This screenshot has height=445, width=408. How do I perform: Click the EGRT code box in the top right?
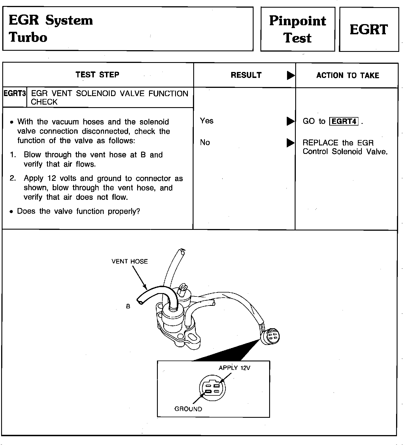[x=369, y=29]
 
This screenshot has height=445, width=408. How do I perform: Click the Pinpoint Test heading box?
[x=297, y=29]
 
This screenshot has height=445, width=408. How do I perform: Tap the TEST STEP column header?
[x=97, y=75]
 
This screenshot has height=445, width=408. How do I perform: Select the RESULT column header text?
[x=246, y=75]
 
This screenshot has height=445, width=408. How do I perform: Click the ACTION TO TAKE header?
[x=347, y=75]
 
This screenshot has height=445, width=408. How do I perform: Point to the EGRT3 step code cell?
[x=14, y=94]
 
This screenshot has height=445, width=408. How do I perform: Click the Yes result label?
[x=207, y=121]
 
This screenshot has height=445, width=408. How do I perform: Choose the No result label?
[x=205, y=142]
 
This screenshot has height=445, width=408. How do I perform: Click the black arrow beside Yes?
[x=290, y=121]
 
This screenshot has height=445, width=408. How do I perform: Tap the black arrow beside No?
[x=290, y=143]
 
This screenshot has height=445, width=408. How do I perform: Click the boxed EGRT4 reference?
[x=344, y=121]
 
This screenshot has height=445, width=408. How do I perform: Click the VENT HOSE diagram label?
[x=129, y=261]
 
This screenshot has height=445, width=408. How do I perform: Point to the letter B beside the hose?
[x=128, y=306]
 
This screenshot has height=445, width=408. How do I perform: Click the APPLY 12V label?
[x=234, y=368]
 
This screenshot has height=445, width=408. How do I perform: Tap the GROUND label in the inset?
[x=188, y=409]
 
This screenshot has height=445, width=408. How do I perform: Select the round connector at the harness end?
[x=271, y=336]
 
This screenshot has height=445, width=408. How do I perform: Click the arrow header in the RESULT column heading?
[x=290, y=75]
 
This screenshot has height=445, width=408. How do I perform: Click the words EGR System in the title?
[x=51, y=20]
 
